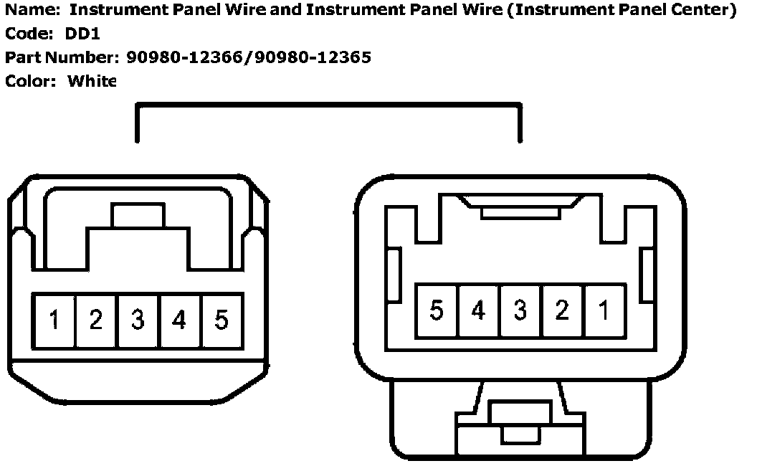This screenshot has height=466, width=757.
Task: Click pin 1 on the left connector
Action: (54, 320)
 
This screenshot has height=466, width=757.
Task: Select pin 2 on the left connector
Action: (96, 320)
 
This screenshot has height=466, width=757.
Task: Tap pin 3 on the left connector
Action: (138, 320)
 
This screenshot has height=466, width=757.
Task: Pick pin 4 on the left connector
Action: (179, 320)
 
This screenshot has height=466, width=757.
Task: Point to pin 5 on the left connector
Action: (222, 320)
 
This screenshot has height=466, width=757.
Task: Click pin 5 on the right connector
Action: (437, 310)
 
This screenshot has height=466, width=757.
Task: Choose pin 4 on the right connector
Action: (478, 310)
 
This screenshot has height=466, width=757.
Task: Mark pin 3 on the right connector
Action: (520, 310)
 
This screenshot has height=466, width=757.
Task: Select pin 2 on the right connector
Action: (563, 310)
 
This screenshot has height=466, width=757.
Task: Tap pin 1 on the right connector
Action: (604, 310)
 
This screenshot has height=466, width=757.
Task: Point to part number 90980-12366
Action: (185, 57)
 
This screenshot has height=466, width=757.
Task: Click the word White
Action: (91, 81)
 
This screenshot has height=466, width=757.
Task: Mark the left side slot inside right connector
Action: (393, 275)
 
